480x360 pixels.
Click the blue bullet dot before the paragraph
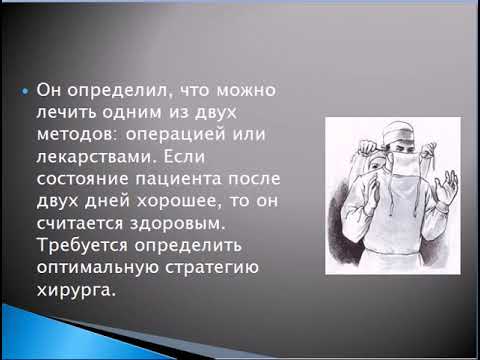25,92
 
